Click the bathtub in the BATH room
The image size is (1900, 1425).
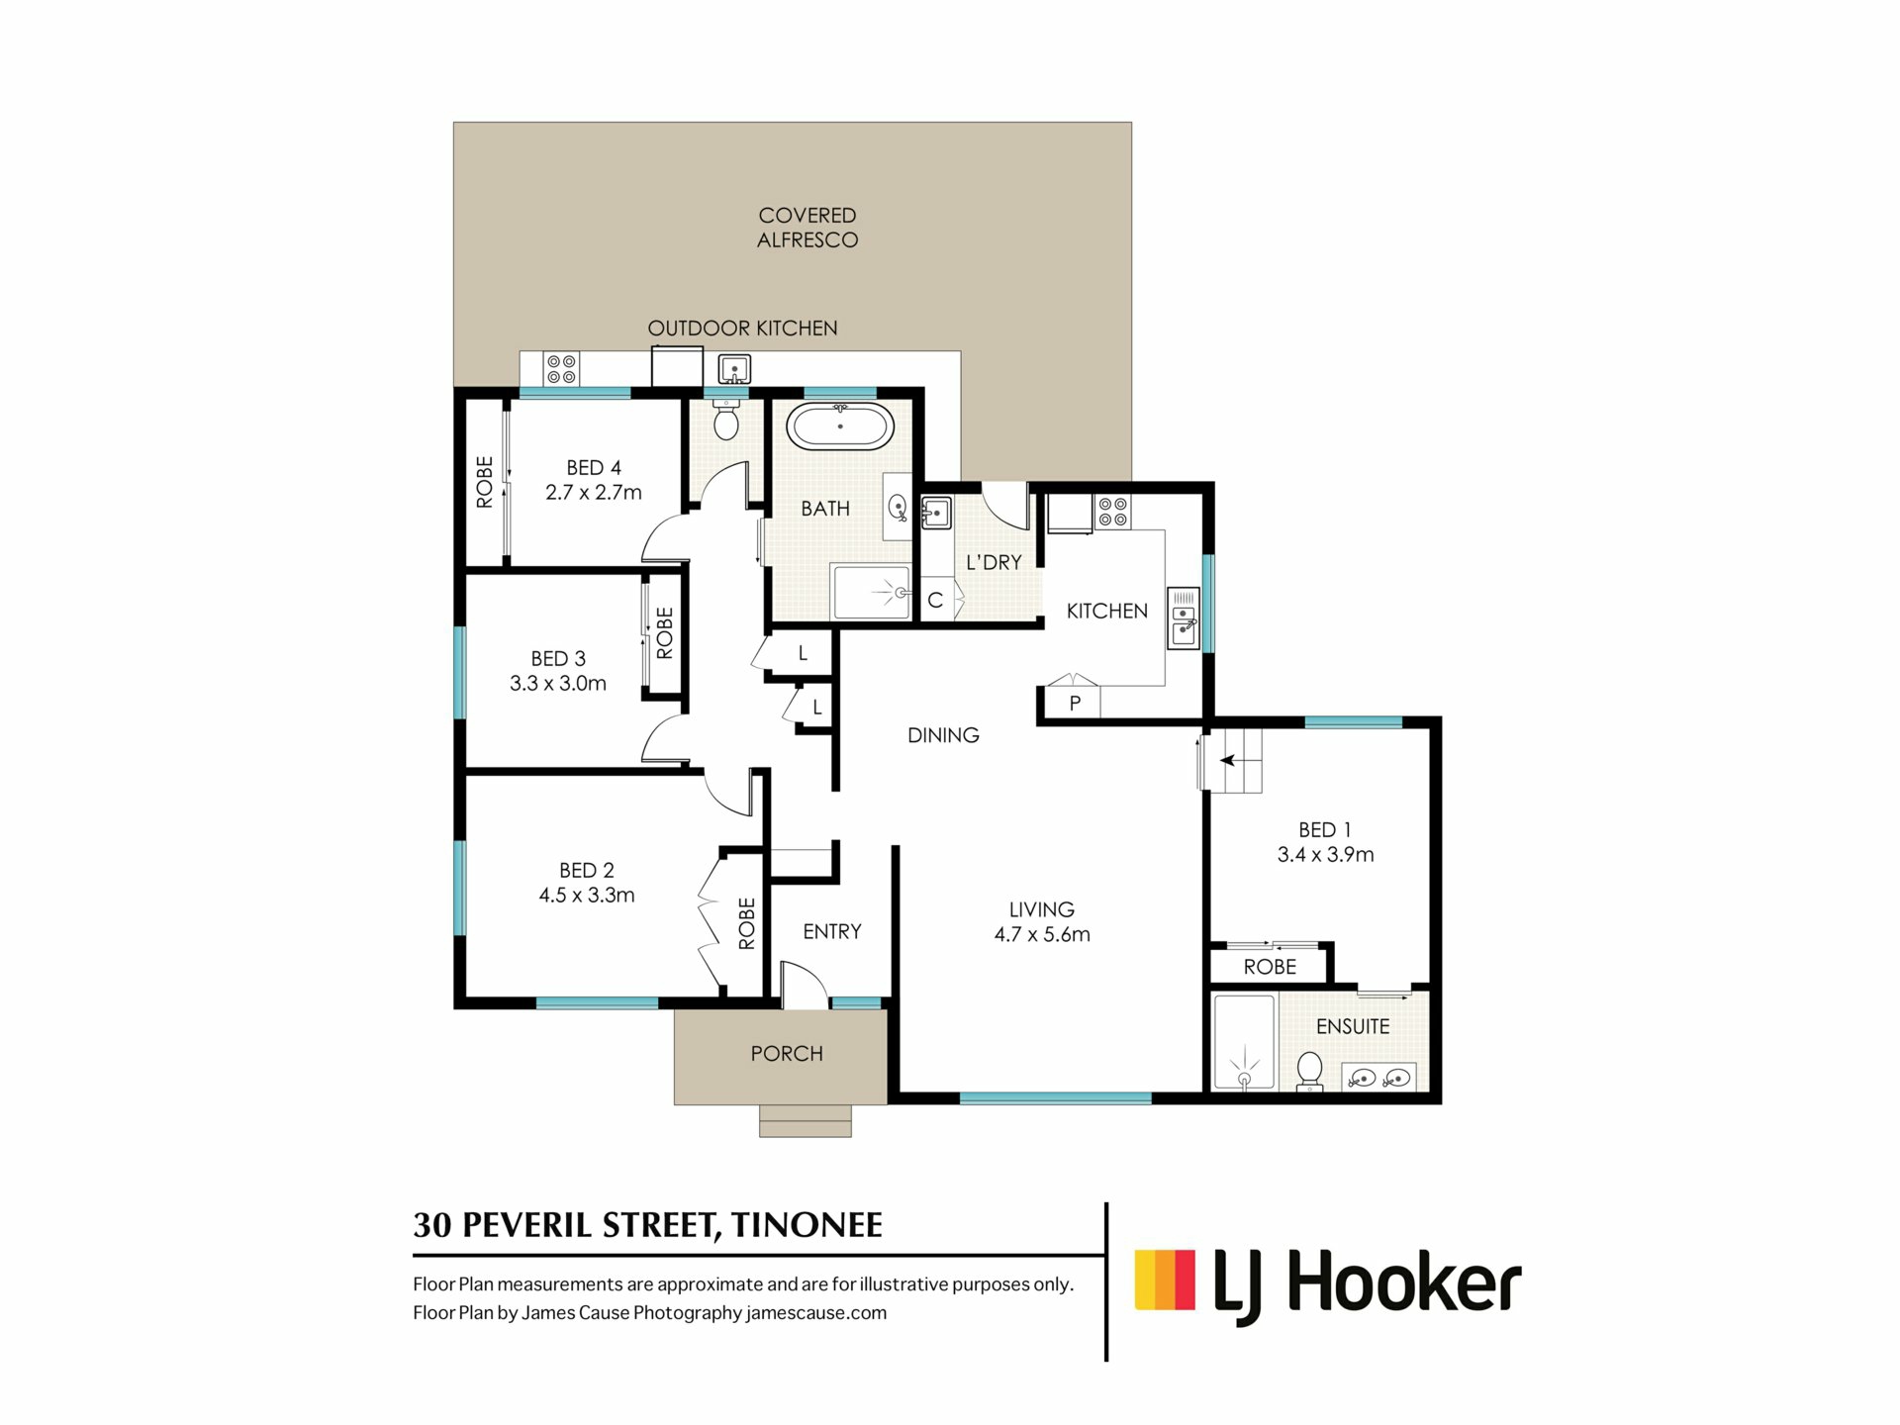tap(840, 427)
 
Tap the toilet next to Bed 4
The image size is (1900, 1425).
tap(726, 420)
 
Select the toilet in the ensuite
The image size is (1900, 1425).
tap(1309, 1071)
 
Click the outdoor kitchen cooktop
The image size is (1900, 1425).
tap(561, 369)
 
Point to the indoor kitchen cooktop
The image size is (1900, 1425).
tap(1112, 512)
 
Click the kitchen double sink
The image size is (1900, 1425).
tap(1183, 618)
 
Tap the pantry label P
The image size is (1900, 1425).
tap(1075, 704)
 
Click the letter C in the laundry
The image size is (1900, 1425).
tap(935, 601)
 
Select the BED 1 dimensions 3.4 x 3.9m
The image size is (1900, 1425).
tap(1325, 855)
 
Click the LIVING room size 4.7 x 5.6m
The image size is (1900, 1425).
tap(1042, 934)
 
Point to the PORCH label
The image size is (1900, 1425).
tap(787, 1054)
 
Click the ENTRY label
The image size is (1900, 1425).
tap(832, 931)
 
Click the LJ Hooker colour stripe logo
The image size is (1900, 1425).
tap(1165, 1280)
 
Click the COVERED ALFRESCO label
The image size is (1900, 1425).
tap(807, 228)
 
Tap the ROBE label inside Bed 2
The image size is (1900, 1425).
tap(747, 923)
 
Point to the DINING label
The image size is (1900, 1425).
tap(943, 735)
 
